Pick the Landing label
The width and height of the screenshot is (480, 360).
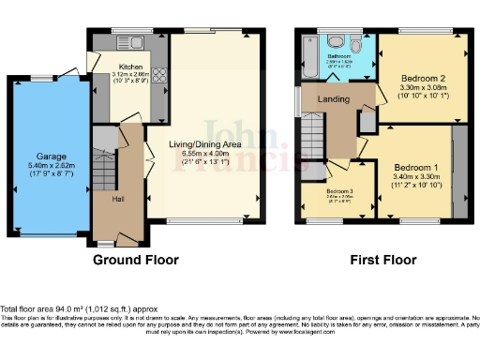(334, 98)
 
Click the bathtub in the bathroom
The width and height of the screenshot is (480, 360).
(307, 55)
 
